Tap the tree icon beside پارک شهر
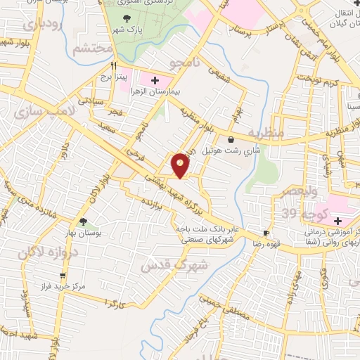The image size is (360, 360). click(x=127, y=18)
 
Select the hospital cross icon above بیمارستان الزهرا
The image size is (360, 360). click(x=155, y=81)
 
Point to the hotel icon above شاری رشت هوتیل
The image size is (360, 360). click(x=231, y=139)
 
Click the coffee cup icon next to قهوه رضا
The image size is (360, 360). click(x=266, y=233)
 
